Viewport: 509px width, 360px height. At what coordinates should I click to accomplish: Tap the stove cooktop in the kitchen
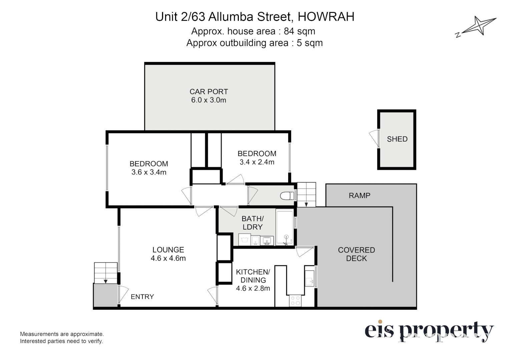coord(296,301)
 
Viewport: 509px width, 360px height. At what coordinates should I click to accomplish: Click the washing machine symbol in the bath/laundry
coord(244,240)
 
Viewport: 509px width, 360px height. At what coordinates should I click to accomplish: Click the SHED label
coord(397,139)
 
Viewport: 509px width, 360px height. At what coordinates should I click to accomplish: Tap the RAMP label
coord(360,195)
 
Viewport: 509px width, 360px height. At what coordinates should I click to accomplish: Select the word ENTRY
coord(142,297)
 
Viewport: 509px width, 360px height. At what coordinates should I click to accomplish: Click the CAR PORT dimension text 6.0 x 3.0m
coord(208,100)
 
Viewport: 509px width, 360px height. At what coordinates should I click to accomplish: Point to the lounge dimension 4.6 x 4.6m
coord(168,258)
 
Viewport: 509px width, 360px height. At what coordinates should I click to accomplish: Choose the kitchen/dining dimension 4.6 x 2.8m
coord(253,288)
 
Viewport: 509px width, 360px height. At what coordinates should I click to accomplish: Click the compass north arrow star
coord(479,25)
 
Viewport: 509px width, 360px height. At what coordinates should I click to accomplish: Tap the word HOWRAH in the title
coord(326,17)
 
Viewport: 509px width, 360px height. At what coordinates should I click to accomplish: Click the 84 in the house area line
coord(289,31)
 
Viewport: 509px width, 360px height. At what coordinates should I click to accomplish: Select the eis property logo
coord(429,332)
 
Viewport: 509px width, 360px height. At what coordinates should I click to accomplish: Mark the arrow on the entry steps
coord(106,281)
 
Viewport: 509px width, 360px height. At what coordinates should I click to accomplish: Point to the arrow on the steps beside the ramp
coord(306,204)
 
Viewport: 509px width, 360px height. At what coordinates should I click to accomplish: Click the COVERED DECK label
coord(356,254)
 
